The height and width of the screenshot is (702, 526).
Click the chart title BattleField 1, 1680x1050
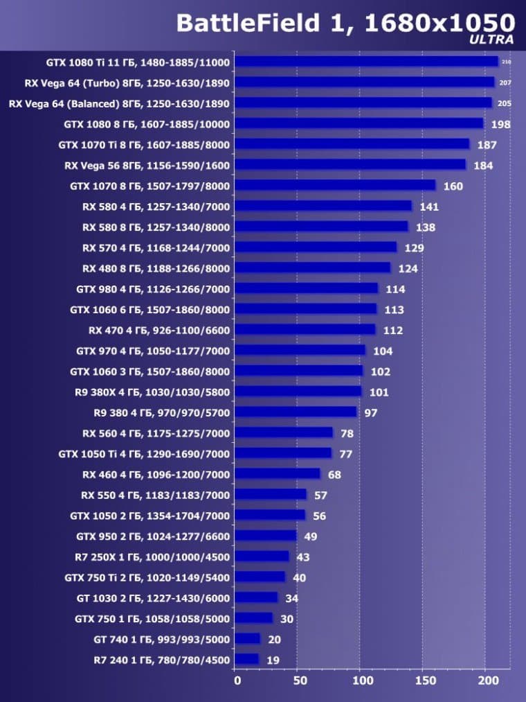point(345,23)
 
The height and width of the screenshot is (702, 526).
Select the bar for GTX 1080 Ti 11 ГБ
point(366,62)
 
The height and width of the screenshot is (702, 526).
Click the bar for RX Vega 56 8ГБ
point(350,165)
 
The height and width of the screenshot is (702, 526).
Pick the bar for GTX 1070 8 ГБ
point(335,185)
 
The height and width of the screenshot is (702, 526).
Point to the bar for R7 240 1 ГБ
point(246,659)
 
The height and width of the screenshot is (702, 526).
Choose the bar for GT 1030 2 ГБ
point(256,597)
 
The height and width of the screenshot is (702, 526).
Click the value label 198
point(500,125)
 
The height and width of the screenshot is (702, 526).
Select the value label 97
point(371,413)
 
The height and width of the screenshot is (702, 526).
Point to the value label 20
point(275,640)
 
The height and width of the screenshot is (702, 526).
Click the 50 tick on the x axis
point(300,682)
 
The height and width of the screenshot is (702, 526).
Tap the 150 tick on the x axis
point(425,682)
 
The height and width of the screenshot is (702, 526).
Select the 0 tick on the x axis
point(237,682)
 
